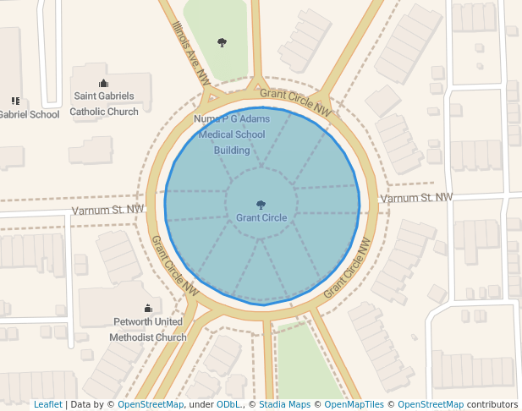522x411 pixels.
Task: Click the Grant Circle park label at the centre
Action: tap(261, 218)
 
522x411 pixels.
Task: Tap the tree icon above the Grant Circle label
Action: tap(261, 204)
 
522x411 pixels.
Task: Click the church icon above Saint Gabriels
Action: tap(104, 83)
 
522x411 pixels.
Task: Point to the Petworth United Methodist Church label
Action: tap(148, 330)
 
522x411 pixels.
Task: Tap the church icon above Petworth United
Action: tap(148, 308)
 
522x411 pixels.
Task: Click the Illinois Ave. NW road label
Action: tap(190, 53)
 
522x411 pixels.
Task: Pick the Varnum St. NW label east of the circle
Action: tap(415, 198)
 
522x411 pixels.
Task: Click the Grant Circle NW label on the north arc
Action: tap(295, 101)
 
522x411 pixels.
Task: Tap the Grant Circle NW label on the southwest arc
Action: tap(175, 265)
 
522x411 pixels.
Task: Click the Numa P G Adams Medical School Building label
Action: tap(231, 134)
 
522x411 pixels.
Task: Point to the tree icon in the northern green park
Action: tap(223, 41)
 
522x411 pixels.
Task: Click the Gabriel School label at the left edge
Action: tap(30, 115)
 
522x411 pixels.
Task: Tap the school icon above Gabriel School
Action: tap(15, 101)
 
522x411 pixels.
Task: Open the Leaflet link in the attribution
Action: tap(47, 404)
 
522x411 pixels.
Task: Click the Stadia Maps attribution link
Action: tap(284, 404)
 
